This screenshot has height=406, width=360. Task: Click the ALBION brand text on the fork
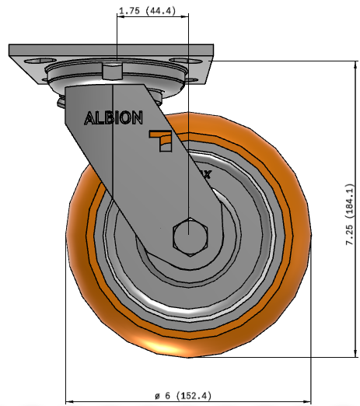click(114, 118)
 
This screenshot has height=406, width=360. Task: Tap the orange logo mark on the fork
click(161, 141)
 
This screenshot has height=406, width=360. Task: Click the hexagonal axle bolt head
click(190, 237)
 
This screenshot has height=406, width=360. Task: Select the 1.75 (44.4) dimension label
click(147, 11)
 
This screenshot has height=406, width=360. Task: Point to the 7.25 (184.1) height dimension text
click(350, 215)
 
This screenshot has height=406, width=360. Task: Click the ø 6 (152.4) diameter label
click(183, 396)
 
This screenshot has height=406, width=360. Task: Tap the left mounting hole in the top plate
click(37, 61)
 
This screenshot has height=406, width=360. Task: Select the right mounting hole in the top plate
click(186, 61)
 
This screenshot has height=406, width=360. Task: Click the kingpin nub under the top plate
click(112, 71)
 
